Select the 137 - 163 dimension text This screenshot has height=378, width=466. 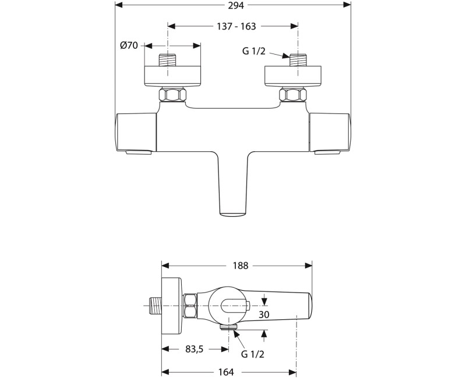[233, 26]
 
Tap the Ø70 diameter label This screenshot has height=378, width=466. [129, 45]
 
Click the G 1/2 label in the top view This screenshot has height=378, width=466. [255, 51]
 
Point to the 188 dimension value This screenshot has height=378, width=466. [240, 266]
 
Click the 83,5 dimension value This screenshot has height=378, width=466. [195, 349]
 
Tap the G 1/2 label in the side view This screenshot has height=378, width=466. [253, 354]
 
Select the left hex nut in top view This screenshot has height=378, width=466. [173, 95]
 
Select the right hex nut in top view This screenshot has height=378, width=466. [293, 95]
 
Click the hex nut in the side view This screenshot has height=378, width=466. [190, 305]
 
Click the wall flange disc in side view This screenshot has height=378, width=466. [171, 304]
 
